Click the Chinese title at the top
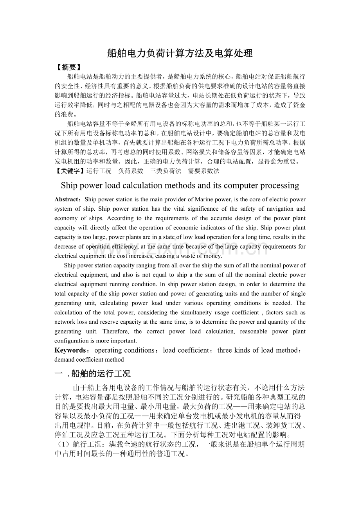180,54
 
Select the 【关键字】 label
70,171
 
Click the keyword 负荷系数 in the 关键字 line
130,171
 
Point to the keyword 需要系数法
203,171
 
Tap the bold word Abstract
67,200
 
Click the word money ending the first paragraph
214,256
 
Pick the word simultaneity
192,312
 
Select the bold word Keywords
70,350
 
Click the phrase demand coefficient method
89,359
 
